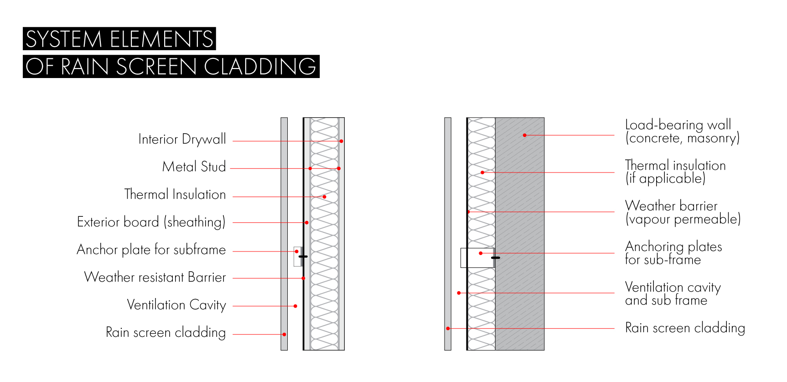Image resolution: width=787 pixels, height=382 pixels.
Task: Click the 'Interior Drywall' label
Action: coord(182,139)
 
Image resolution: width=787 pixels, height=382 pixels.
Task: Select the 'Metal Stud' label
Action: coord(194,167)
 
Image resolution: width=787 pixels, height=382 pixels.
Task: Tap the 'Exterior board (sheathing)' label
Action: coord(151,222)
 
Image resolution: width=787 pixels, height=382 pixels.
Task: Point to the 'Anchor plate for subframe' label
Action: coord(151,250)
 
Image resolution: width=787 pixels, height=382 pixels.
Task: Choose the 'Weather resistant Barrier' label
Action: coord(155,277)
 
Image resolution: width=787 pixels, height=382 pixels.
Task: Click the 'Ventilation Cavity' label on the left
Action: coord(176,305)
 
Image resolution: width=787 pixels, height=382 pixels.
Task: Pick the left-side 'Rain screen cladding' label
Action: coord(166,332)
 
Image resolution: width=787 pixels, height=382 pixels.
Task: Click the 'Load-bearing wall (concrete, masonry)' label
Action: coord(682,131)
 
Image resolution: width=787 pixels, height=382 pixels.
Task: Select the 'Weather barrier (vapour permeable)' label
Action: coord(683,213)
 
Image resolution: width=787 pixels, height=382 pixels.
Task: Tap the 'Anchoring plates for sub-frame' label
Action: coord(673,253)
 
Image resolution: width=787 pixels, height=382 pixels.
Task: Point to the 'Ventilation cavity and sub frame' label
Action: coord(673,293)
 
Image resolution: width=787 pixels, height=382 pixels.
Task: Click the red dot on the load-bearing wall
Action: coord(524,135)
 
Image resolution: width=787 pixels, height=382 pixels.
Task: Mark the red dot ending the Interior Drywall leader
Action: coord(341,141)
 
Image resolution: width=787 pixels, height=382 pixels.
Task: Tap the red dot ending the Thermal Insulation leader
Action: coord(324,197)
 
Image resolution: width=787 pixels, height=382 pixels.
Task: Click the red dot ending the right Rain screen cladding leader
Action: coord(448,329)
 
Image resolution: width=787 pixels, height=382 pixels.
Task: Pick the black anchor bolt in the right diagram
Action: coord(496,258)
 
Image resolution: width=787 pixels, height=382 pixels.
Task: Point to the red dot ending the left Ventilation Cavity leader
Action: coord(295,306)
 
